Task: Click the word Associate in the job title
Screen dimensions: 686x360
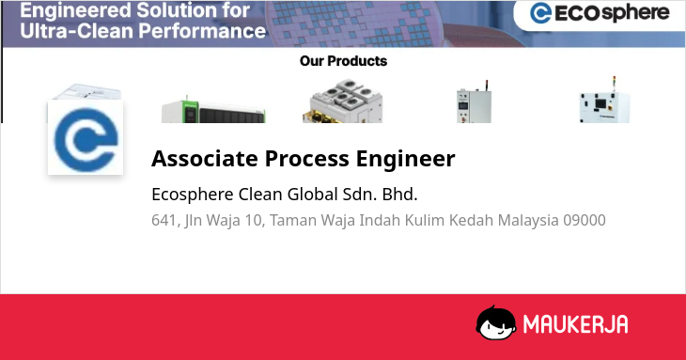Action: pyautogui.click(x=205, y=158)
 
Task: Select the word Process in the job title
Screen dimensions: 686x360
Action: pyautogui.click(x=306, y=158)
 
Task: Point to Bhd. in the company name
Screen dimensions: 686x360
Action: pyautogui.click(x=400, y=195)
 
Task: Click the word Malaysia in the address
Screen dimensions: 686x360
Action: pyautogui.click(x=528, y=221)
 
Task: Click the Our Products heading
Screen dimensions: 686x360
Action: pyautogui.click(x=343, y=61)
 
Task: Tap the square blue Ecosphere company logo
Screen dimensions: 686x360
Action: pyautogui.click(x=86, y=137)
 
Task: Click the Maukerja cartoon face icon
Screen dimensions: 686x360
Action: pyautogui.click(x=495, y=322)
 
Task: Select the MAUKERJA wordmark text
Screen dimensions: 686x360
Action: pyautogui.click(x=576, y=324)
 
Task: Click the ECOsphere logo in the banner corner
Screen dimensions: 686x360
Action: pyautogui.click(x=600, y=12)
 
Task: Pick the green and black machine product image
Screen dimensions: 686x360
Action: pyautogui.click(x=213, y=110)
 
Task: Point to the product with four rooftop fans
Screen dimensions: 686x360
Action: pyautogui.click(x=343, y=102)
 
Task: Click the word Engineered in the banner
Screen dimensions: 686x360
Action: pyautogui.click(x=75, y=11)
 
